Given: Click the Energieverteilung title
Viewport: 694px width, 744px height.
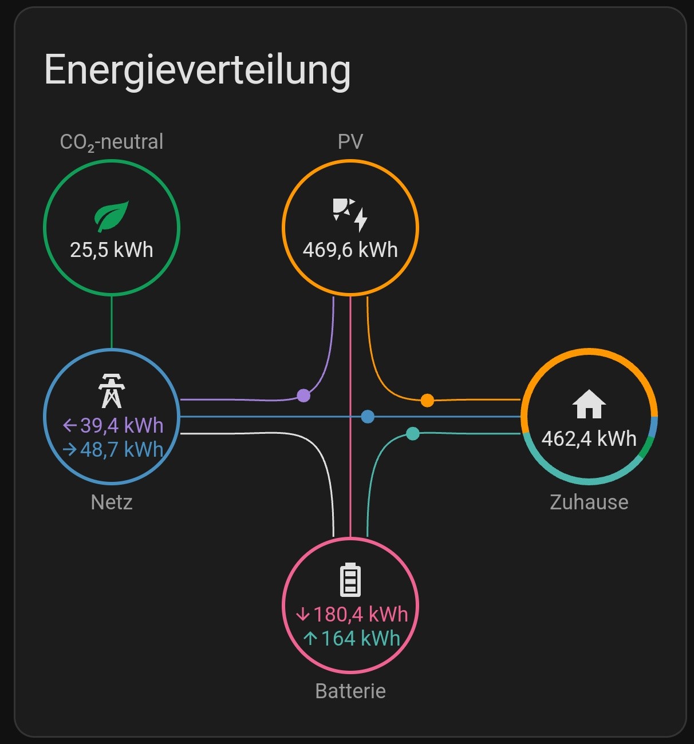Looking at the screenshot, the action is pos(198,71).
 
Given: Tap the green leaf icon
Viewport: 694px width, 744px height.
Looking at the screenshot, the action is pos(111,216).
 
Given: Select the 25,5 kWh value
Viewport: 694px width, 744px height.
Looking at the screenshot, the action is pos(112,250).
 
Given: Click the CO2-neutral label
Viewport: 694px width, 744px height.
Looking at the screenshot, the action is pos(112,142).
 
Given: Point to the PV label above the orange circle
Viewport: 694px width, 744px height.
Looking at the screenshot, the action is pos(350,141).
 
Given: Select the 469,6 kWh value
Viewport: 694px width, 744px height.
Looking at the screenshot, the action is pos(350,250).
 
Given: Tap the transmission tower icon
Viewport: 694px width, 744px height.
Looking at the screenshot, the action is pos(111,391).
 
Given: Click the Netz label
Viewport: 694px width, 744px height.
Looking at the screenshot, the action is pos(112,502).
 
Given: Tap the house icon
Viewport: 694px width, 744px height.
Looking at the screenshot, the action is pos(589,404).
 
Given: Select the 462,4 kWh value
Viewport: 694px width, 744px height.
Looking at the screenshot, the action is pos(589,439).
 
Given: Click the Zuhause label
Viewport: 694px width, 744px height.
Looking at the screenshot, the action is pos(589,502).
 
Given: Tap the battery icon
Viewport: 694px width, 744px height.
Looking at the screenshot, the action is pos(350,580).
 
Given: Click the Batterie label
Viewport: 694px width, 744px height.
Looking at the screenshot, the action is pos(350,691).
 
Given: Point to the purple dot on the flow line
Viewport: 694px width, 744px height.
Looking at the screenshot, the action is pos(303,395).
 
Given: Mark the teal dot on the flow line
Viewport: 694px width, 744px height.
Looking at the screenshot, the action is pos(413,433).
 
